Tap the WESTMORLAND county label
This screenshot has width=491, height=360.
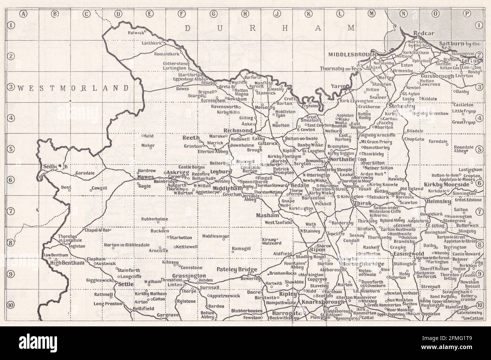coord(74,88)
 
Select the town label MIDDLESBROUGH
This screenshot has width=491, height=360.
coord(352,54)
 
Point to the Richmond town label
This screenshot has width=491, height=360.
coord(238,131)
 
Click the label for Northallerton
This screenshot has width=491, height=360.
coord(347,160)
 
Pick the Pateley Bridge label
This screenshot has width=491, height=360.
coord(237,269)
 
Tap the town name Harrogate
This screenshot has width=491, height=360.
coord(285,314)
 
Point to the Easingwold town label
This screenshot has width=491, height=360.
coord(408,253)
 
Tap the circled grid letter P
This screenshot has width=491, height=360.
coord(467,14)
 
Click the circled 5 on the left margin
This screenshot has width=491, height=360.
coord(11,149)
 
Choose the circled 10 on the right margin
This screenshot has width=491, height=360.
coord(479,305)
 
